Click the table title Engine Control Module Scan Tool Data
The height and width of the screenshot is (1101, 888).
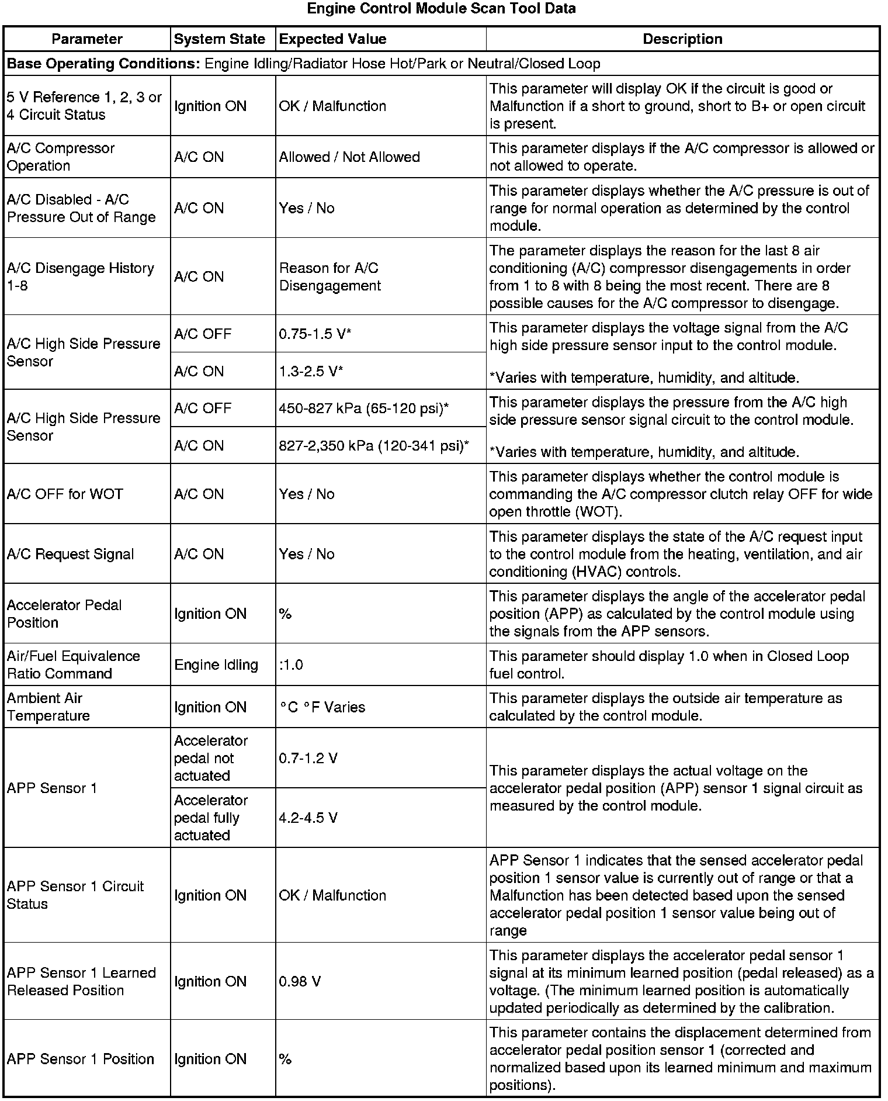(x=441, y=9)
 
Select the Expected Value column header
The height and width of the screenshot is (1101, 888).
(x=332, y=39)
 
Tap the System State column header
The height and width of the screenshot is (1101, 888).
(x=220, y=39)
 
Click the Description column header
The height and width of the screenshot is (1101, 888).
(x=682, y=39)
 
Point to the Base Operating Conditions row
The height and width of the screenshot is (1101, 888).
(x=303, y=64)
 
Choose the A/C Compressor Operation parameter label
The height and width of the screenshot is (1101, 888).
(x=61, y=157)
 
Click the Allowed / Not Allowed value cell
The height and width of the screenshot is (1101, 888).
(x=349, y=157)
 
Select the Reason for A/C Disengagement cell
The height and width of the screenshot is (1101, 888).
(x=329, y=276)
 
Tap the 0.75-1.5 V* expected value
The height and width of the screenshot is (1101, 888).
(x=315, y=334)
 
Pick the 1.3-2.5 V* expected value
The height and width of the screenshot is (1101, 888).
(x=311, y=371)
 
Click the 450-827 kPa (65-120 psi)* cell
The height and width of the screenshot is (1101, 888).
(x=363, y=408)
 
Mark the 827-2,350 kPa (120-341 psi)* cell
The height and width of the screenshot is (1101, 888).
(x=374, y=446)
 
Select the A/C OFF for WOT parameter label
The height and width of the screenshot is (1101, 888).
(x=65, y=494)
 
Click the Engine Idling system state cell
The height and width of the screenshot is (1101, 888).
(x=216, y=664)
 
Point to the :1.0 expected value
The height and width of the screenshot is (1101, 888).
(x=291, y=664)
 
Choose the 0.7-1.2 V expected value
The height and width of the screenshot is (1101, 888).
(x=308, y=758)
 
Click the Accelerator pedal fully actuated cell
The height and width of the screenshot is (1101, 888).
(x=210, y=818)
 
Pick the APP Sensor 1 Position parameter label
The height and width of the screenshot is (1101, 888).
(x=80, y=1059)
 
